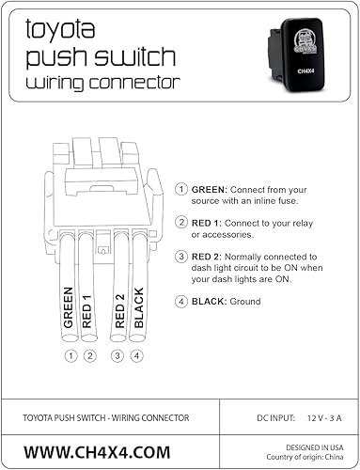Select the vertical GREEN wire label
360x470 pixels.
[68, 307]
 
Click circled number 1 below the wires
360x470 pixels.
[70, 355]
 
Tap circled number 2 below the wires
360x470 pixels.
[88, 355]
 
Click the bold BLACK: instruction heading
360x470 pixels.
[211, 302]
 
